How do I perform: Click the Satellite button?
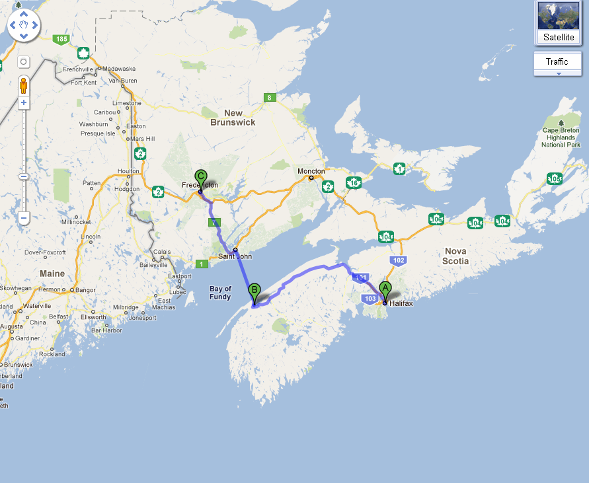pyautogui.click(x=559, y=23)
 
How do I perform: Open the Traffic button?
pyautogui.click(x=557, y=62)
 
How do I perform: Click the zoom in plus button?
pyautogui.click(x=24, y=102)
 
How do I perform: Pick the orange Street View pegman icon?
pyautogui.click(x=24, y=86)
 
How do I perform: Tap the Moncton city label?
pyautogui.click(x=311, y=171)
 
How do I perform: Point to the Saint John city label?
pyautogui.click(x=235, y=256)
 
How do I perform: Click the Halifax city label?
pyautogui.click(x=401, y=304)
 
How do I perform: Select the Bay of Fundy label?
pyautogui.click(x=220, y=293)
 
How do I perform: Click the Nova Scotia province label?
pyautogui.click(x=455, y=256)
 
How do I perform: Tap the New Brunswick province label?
pyautogui.click(x=233, y=118)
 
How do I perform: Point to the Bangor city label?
pyautogui.click(x=85, y=290)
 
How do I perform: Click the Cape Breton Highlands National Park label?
pyautogui.click(x=561, y=137)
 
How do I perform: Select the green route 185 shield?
pyautogui.click(x=61, y=40)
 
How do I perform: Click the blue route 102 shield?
pyautogui.click(x=397, y=260)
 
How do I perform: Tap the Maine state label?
pyautogui.click(x=52, y=274)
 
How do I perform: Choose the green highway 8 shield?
pyautogui.click(x=269, y=98)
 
